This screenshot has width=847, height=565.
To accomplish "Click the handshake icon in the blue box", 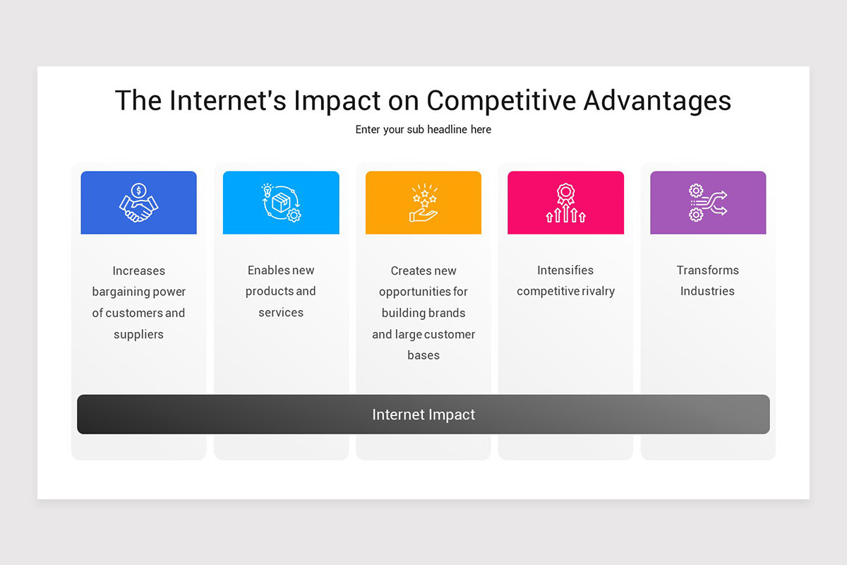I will click(138, 203).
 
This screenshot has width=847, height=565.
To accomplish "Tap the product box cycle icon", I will click(281, 203).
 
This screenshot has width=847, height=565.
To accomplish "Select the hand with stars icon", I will click(423, 203).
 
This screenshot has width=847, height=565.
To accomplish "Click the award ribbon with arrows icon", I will click(565, 203).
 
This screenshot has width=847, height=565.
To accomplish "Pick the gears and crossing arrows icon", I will click(708, 203).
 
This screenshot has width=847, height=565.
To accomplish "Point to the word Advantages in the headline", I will click(657, 101).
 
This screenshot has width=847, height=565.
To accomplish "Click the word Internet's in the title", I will click(227, 101).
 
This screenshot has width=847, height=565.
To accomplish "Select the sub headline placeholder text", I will click(423, 130).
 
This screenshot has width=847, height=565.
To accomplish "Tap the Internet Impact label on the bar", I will click(423, 415).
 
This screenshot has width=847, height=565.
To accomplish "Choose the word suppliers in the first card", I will click(138, 334).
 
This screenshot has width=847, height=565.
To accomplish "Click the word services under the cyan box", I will click(281, 312).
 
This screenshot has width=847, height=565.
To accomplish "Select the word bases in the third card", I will click(423, 355).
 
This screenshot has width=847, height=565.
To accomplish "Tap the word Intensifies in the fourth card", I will click(565, 270).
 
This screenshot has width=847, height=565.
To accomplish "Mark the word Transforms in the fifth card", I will click(708, 270).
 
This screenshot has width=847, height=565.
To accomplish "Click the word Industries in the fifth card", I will click(708, 292).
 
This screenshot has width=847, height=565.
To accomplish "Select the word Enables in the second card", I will click(268, 270).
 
